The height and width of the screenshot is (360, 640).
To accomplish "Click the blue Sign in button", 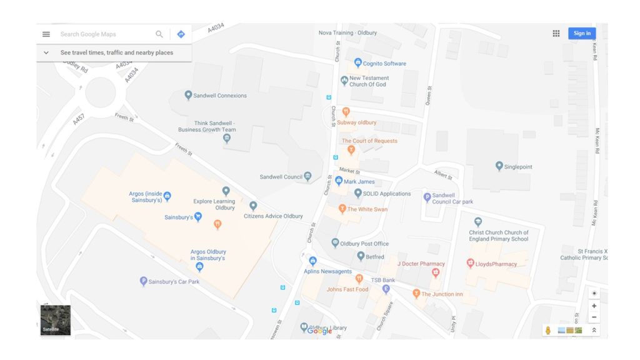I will tap(581, 34).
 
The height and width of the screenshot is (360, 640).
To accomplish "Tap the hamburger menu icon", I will tap(46, 34).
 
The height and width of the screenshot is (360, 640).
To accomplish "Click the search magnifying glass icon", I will tap(159, 34).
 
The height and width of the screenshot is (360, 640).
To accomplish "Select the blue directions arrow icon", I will tap(181, 34).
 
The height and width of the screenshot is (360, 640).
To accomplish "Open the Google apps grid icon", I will tap(556, 34).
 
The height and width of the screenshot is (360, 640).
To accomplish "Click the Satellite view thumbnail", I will tap(56, 320).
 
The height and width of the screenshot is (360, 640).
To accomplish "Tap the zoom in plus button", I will tap(594, 306).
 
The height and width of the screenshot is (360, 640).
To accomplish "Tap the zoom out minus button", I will tap(594, 317).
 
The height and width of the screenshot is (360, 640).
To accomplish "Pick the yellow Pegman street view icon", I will tap(548, 330).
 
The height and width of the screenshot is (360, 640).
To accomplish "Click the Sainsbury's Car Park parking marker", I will tap(143, 281).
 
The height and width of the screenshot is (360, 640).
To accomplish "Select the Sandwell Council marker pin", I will tap(307, 176).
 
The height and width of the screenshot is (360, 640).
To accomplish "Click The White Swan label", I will tap(367, 209).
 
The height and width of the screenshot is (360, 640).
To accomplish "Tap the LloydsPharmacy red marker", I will tap(471, 263).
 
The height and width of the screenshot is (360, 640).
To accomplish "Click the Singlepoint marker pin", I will tap(499, 166).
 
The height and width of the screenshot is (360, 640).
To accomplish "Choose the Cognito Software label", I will tap(384, 64).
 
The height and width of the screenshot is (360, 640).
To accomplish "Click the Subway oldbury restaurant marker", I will tap(346, 112).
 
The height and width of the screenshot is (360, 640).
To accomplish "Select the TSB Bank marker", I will tap(386, 289).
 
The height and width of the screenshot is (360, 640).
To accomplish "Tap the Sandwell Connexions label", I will tap(220, 96).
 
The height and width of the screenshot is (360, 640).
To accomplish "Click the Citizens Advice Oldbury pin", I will tap(253, 206).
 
